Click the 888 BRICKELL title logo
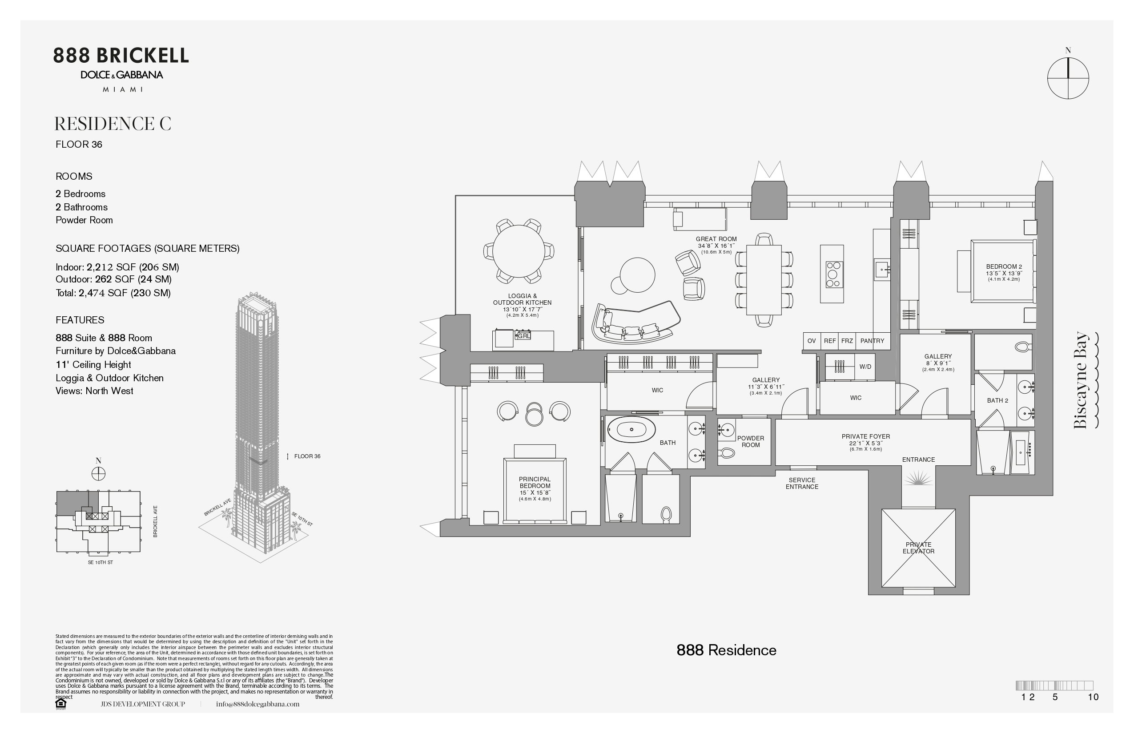click(x=121, y=56)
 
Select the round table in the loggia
click(x=519, y=251)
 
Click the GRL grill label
click(x=524, y=335)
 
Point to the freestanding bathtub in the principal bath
click(x=632, y=429)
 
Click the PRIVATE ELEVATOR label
click(x=918, y=548)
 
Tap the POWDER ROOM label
click(x=751, y=441)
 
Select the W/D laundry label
click(x=865, y=367)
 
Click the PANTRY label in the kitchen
click(x=872, y=341)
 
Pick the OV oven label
click(x=812, y=341)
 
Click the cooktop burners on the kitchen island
click(x=834, y=274)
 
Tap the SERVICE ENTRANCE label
click(x=802, y=483)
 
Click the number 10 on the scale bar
click(x=1093, y=697)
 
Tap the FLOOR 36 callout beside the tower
click(x=307, y=456)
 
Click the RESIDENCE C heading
click(x=113, y=124)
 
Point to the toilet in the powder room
click(x=727, y=452)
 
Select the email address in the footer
click(x=258, y=704)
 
